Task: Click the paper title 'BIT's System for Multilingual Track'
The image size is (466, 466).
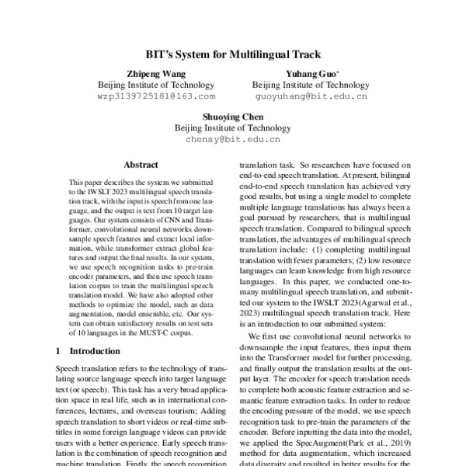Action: coord(233,56)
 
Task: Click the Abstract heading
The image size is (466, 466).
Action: coord(141,165)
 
